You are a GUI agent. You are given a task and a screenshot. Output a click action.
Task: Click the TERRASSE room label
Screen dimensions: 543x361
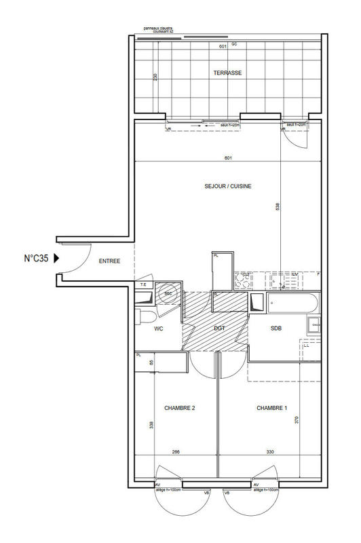pos(227,73)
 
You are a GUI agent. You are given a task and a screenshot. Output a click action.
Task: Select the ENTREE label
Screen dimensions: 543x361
pos(110,261)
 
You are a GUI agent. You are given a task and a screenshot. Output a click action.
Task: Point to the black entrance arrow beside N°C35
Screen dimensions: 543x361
pos(57,258)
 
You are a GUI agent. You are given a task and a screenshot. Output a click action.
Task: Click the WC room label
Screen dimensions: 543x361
pos(159,329)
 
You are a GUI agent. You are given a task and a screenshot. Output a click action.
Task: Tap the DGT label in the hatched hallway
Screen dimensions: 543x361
pos(219,329)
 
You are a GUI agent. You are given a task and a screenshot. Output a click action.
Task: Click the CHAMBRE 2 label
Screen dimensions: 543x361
pos(180,408)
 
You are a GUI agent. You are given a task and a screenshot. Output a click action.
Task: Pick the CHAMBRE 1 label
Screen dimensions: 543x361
pos(271,408)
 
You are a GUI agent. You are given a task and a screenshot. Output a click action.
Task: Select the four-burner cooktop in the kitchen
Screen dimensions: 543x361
pos(242,279)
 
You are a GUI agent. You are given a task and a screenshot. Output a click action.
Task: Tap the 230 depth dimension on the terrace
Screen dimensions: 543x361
pos(155,77)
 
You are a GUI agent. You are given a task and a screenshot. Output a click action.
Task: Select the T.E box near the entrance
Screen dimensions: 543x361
pos(143,284)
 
